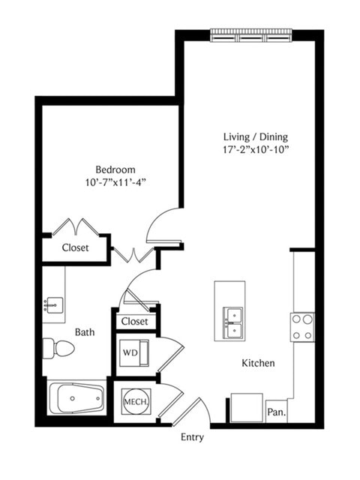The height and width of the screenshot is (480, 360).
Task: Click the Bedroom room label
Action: point(115,169)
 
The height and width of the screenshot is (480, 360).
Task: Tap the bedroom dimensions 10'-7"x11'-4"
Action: point(115,183)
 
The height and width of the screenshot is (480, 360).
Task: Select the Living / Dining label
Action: point(256,136)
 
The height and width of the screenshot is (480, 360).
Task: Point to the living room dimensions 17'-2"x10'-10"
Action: point(256,150)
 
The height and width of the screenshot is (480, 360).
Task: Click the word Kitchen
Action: point(258,363)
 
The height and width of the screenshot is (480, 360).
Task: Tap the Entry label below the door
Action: point(192,437)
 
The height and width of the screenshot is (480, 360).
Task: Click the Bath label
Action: point(85,332)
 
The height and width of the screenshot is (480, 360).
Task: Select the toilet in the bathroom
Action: point(58,348)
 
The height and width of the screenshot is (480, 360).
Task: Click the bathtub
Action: point(76,397)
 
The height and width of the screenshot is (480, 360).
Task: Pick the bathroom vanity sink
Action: point(53,305)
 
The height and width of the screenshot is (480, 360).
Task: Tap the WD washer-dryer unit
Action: point(134,352)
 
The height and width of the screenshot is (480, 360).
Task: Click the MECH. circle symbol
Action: point(136,402)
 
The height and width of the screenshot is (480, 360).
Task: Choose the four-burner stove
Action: point(302,327)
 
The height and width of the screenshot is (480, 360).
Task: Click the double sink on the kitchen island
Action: point(233,322)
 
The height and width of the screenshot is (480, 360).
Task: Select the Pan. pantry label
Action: point(277,412)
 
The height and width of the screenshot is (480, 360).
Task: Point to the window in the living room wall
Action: point(251,34)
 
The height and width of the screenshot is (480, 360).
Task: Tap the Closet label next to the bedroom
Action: point(75,247)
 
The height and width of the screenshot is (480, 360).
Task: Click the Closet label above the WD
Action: point(134,321)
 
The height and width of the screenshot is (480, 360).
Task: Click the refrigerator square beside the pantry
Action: point(247,408)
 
